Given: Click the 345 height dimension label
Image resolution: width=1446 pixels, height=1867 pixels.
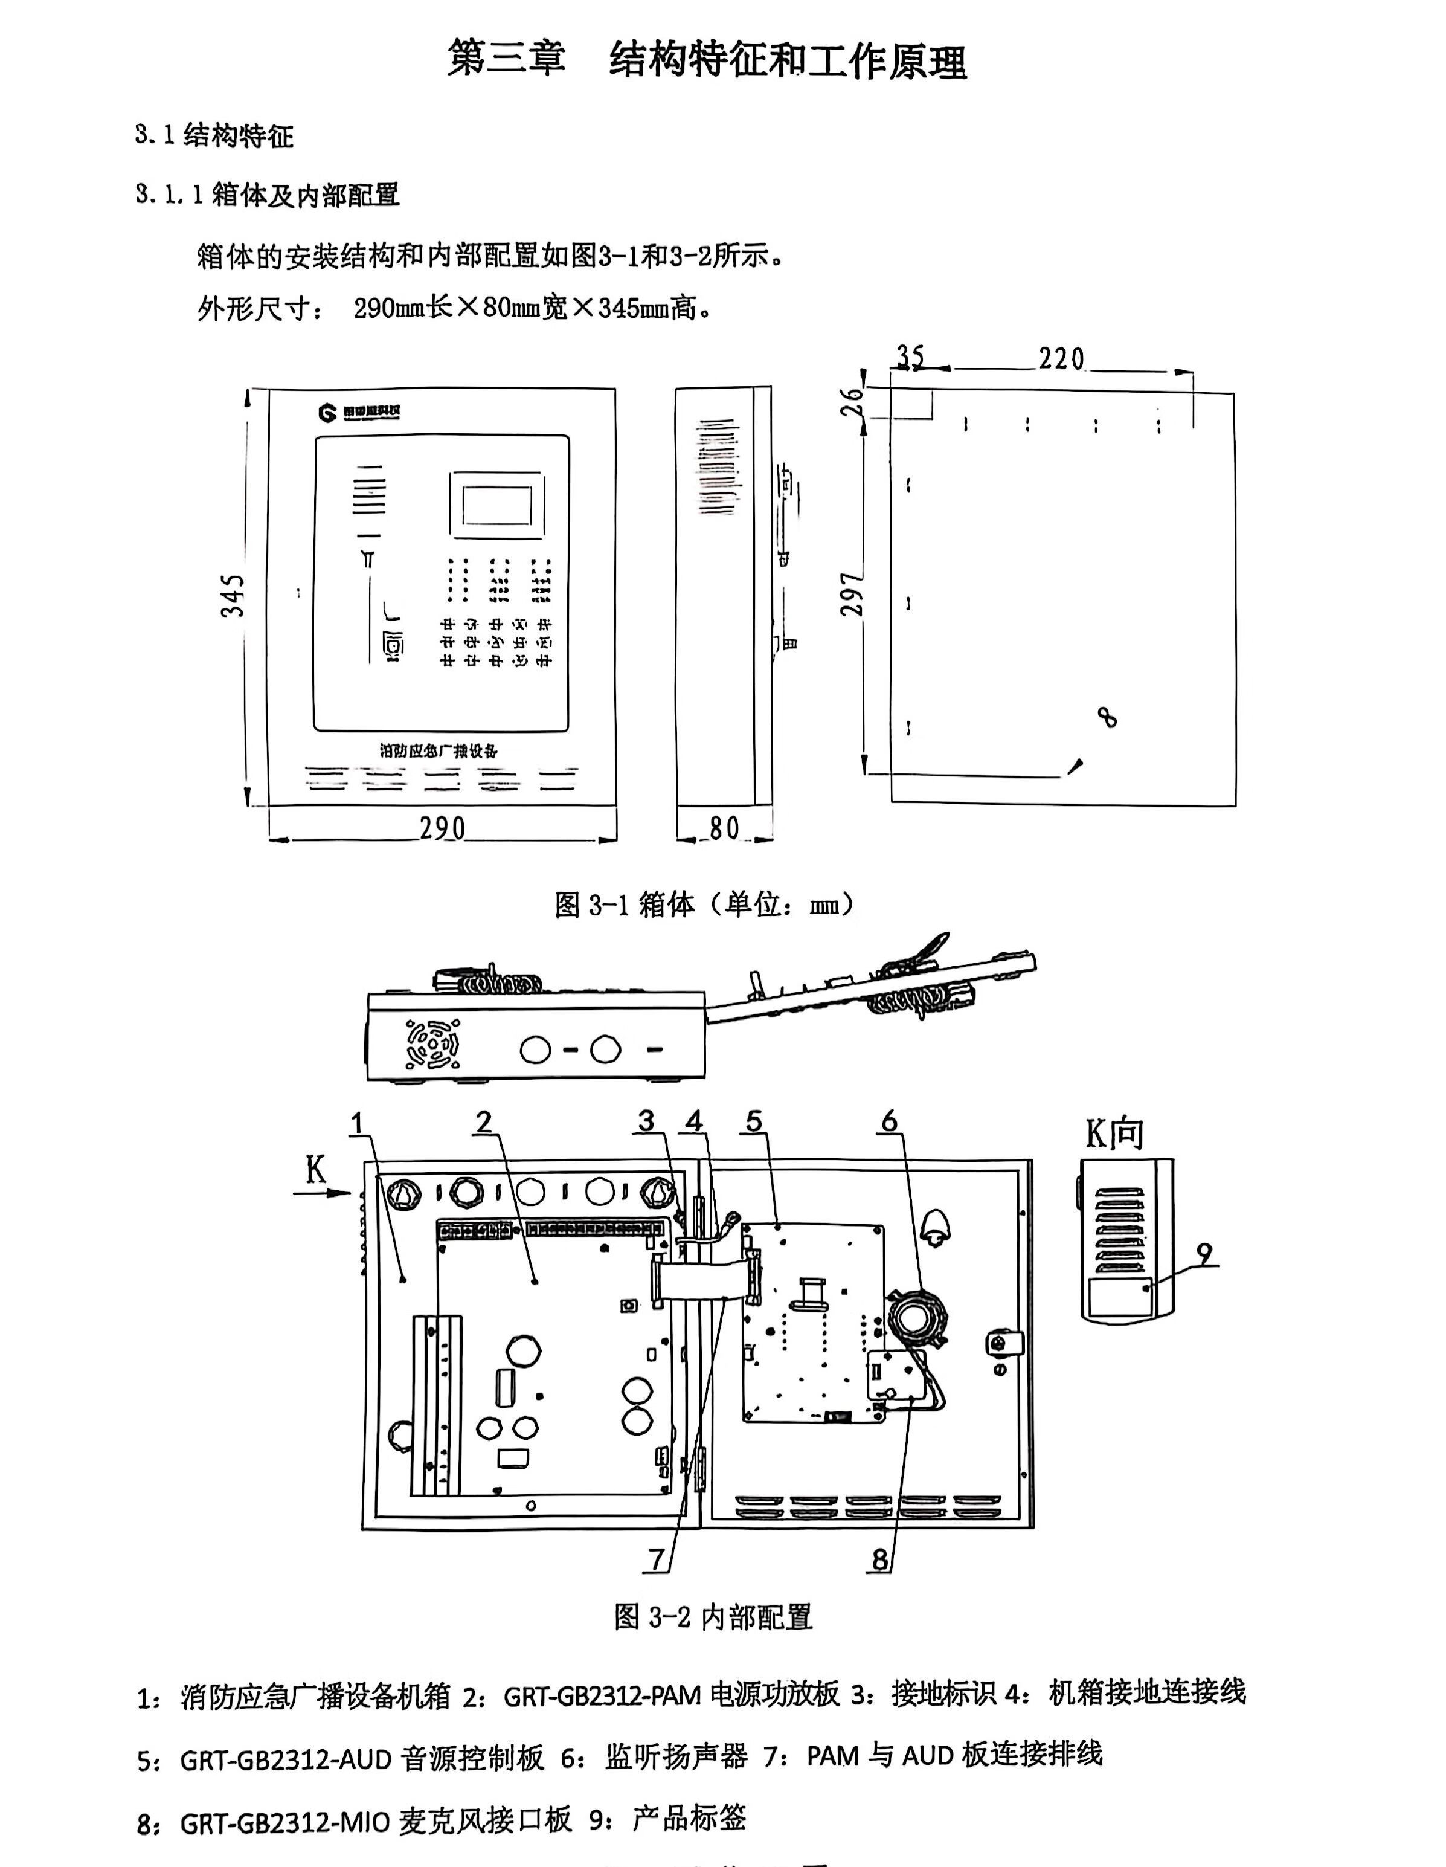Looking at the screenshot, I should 233,596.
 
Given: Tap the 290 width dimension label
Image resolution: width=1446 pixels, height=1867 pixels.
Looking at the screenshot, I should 442,828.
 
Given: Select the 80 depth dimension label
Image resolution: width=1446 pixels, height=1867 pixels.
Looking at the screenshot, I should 724,828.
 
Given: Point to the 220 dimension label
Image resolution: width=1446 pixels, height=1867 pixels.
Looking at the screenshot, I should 1061,359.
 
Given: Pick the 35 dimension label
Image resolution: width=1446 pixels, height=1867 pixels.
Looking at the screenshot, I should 910,356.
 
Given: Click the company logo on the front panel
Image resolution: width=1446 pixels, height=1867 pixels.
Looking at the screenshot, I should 359,413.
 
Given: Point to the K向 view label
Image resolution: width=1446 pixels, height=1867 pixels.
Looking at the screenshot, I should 1114,1133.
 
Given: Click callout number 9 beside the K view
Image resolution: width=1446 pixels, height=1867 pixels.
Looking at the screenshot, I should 1204,1254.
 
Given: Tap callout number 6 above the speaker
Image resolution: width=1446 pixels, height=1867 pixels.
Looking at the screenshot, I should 890,1121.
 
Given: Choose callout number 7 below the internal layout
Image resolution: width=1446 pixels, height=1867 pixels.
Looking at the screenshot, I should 657,1559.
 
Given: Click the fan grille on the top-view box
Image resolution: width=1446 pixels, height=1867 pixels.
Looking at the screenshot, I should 432,1044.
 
